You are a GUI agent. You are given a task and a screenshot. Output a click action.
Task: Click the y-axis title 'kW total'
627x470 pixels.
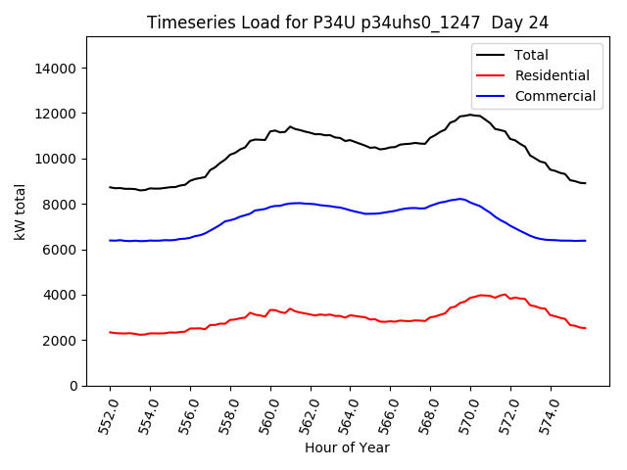point(21,211)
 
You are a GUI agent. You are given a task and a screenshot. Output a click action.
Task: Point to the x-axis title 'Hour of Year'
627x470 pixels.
point(347,447)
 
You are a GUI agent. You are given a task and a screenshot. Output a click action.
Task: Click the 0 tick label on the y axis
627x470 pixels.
point(74,386)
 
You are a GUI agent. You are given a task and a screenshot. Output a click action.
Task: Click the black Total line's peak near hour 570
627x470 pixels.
point(471,115)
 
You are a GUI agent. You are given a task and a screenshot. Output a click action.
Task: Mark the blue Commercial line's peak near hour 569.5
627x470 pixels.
point(460,199)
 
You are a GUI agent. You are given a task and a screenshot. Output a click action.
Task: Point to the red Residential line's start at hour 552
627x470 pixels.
point(110,332)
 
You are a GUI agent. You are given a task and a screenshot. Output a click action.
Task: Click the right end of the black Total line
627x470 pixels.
point(585,183)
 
